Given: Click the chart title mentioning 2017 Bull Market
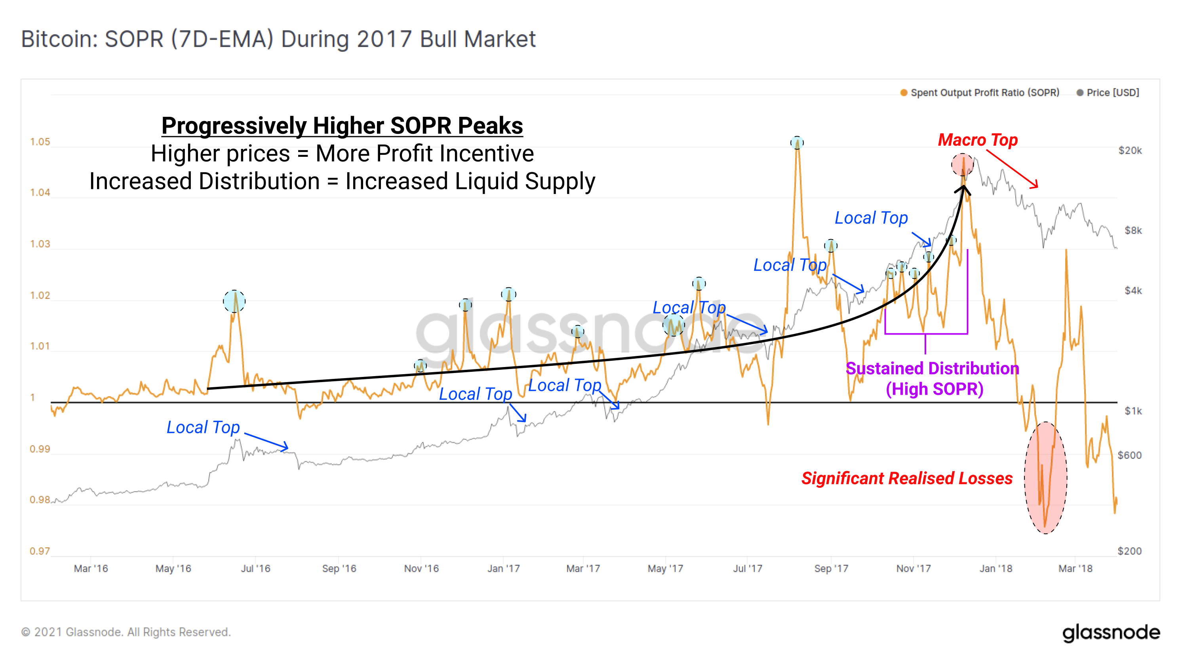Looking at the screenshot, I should tap(278, 39).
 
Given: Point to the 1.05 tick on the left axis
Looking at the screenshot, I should tap(40, 142).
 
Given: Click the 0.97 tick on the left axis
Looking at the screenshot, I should tap(40, 551).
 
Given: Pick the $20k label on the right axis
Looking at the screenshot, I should tap(1130, 150).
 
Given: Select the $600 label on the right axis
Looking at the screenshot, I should tap(1129, 455).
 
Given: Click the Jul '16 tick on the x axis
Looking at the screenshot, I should tap(255, 569).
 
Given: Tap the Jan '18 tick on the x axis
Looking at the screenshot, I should tap(996, 569).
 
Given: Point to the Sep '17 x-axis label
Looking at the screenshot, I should tap(831, 569).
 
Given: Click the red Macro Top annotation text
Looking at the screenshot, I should tap(977, 140).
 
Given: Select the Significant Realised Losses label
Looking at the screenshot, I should tap(907, 478).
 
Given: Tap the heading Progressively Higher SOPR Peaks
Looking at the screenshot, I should tap(342, 126).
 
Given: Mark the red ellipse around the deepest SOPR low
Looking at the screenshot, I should tap(1045, 477).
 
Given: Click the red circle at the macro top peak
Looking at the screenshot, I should tap(962, 165).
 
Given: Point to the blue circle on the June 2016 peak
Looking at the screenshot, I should tap(234, 301).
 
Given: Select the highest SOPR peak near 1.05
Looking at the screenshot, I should tap(797, 143).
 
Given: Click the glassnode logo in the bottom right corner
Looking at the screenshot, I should tap(1111, 633).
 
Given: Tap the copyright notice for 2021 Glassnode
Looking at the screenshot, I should tap(126, 632).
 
